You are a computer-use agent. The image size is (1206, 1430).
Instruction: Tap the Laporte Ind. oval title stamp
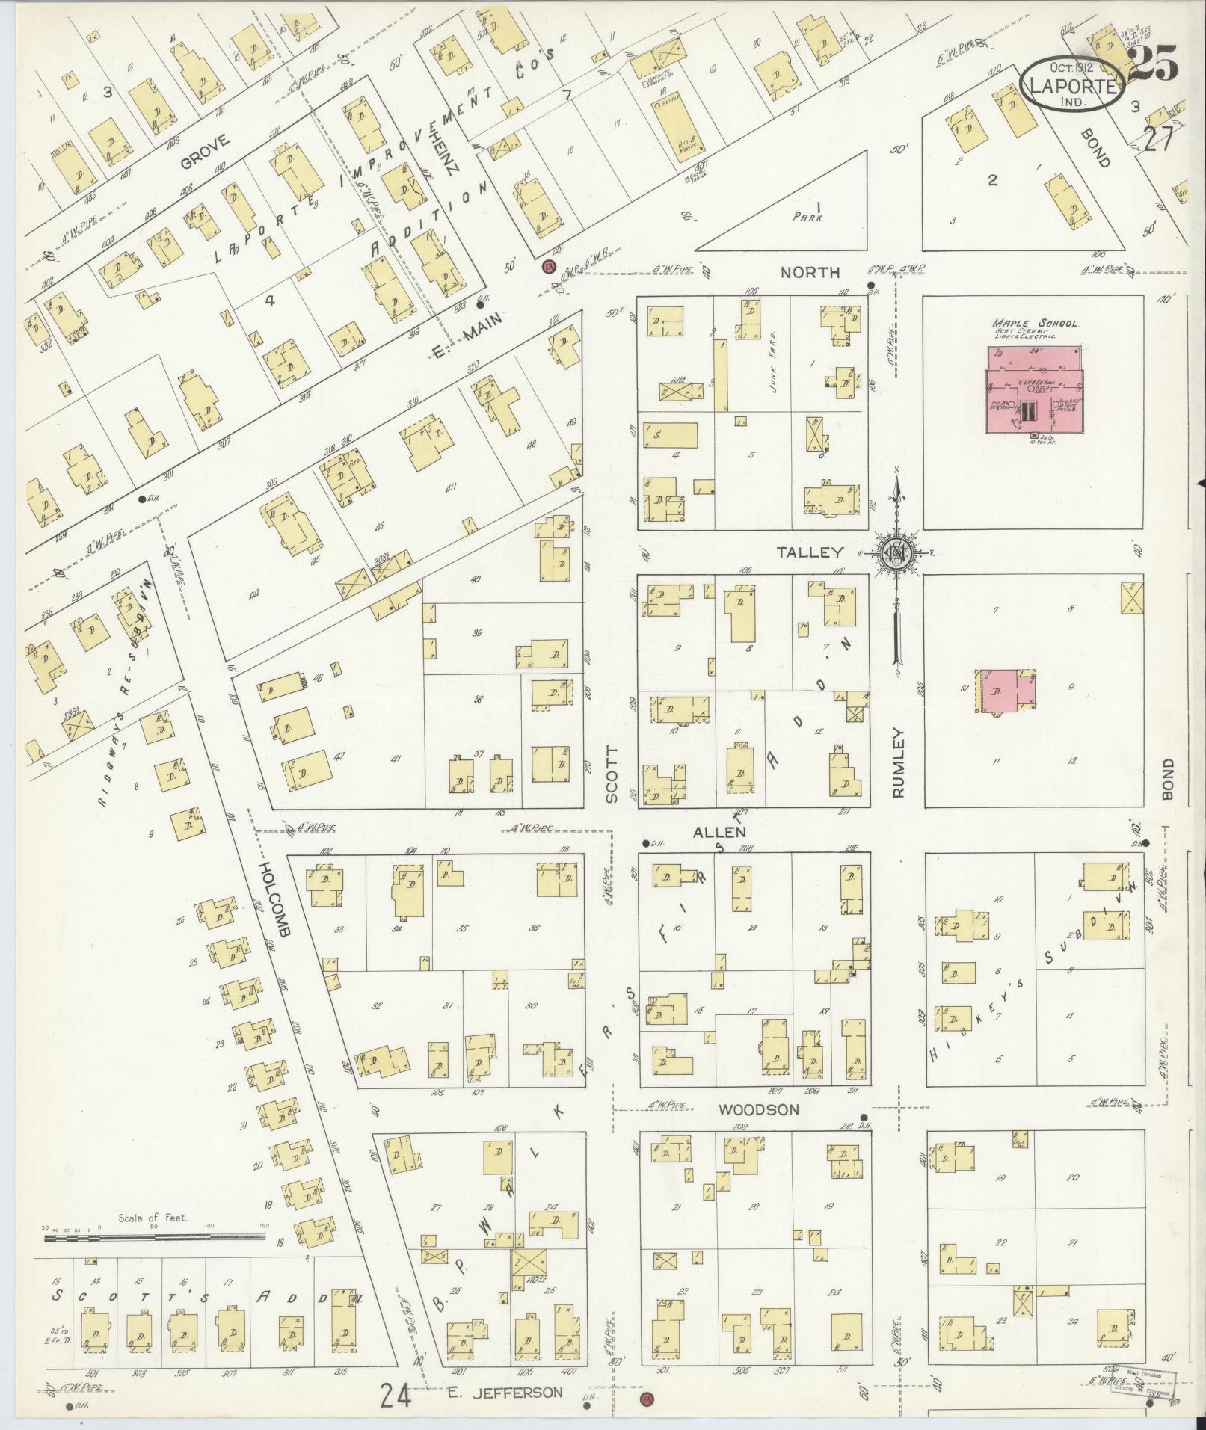coord(1074,86)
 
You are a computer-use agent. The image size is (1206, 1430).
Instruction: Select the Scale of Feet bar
coord(154,1237)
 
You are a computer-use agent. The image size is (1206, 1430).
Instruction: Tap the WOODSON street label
coord(758,1109)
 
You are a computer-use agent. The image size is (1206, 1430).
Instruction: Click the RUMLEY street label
coord(897,762)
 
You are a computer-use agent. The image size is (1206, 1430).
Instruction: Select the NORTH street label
coord(810,272)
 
